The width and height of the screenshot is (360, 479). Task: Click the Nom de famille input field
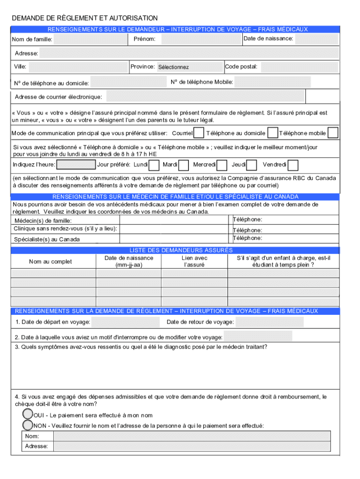point(91,39)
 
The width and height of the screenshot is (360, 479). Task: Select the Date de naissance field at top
point(317,39)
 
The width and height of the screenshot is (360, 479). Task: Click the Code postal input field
point(299,67)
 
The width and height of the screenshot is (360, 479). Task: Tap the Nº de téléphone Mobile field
point(273,82)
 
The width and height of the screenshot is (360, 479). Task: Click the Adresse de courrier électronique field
point(205,97)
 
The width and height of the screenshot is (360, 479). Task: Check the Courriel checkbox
point(199,133)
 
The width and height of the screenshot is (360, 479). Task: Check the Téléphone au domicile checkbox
point(273,133)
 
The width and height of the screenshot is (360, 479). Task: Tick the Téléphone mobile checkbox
point(333,133)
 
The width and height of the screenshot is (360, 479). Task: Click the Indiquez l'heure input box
point(76,165)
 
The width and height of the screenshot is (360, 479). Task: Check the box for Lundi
point(153,165)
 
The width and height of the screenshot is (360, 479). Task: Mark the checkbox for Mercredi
point(222,165)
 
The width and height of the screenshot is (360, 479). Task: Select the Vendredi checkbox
point(293,165)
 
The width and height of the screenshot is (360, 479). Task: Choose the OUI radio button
point(28,414)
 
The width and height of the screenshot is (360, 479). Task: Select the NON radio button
point(28,425)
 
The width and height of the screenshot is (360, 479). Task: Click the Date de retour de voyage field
point(269,322)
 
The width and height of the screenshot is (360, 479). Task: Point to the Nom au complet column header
point(50,261)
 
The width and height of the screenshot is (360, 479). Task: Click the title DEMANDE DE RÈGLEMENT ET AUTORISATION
point(85,18)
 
